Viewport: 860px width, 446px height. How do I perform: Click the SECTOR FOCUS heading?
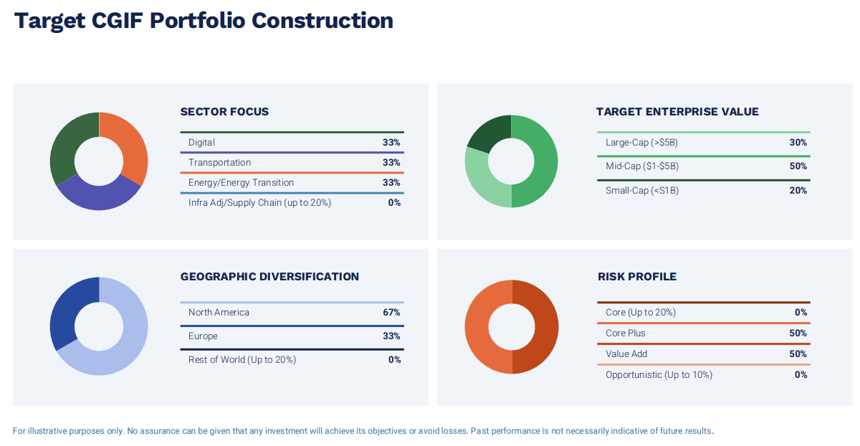[x=224, y=112]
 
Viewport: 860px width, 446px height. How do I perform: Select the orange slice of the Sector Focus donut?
[x=133, y=148]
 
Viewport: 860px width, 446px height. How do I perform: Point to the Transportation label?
[x=219, y=163]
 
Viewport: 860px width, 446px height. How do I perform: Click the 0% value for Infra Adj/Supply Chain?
[x=394, y=203]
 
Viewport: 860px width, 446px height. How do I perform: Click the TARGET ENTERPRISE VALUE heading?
[x=677, y=112]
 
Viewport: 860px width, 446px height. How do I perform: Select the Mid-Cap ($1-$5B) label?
[x=641, y=166]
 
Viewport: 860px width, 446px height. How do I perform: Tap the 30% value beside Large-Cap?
[x=798, y=143]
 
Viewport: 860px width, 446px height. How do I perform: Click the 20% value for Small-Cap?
[x=798, y=191]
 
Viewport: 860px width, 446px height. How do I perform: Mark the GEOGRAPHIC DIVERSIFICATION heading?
[x=269, y=277]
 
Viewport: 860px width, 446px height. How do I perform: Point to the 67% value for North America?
[x=391, y=313]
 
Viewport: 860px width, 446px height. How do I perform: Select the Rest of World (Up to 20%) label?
[x=242, y=360]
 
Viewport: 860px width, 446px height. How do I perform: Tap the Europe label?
[x=203, y=336]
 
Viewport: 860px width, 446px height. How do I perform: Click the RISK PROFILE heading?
[x=636, y=277]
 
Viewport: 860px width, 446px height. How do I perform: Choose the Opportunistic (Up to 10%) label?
[x=659, y=375]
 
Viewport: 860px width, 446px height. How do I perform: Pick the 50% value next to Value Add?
[x=798, y=354]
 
